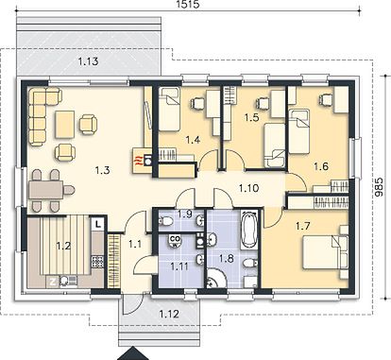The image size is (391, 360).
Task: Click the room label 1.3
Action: point(102,170)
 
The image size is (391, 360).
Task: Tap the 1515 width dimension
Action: point(189,4)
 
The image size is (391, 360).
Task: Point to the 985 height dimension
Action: point(380,187)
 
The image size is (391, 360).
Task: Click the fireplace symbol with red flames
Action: point(143,160)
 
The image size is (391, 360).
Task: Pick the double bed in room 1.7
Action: point(325,252)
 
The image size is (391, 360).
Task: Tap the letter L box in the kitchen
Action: point(98,225)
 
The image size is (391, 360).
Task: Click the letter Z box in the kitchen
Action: point(53,281)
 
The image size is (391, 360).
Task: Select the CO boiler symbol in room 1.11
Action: point(175,241)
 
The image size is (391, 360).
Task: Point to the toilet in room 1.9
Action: point(165,221)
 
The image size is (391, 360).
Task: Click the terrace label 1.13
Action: point(88,61)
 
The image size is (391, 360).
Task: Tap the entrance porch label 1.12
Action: point(169,314)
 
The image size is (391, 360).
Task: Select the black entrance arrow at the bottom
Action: point(132,354)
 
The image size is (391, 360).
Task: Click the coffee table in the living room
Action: point(65,125)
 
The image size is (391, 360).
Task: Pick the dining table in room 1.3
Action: point(46,190)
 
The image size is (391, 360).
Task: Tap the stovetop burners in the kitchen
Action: point(97,261)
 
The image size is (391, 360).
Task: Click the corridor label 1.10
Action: point(248,188)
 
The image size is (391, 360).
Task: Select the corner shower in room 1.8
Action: point(215,278)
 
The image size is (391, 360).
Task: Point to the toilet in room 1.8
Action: point(250,263)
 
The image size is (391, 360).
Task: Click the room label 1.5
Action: point(251,117)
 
